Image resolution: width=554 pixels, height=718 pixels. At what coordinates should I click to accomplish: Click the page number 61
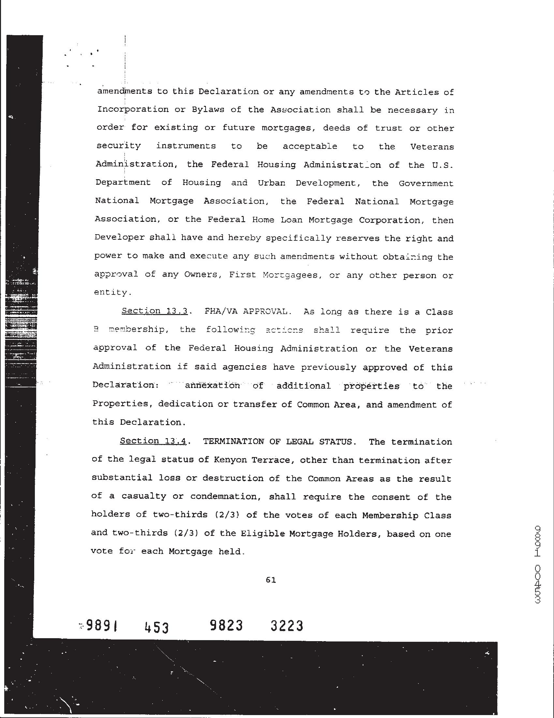pos(270,580)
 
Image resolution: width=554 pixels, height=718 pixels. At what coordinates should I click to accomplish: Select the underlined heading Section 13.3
pos(154,311)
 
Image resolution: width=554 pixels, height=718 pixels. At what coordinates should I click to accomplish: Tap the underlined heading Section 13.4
pos(153,441)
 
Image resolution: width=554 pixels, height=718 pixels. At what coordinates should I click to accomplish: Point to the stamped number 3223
pos(287,625)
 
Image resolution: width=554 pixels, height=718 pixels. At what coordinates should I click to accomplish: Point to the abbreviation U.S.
pos(443,165)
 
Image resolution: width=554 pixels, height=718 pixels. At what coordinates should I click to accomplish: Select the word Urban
pos(271,183)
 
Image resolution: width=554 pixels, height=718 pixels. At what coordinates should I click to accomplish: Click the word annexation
pos(212,385)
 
